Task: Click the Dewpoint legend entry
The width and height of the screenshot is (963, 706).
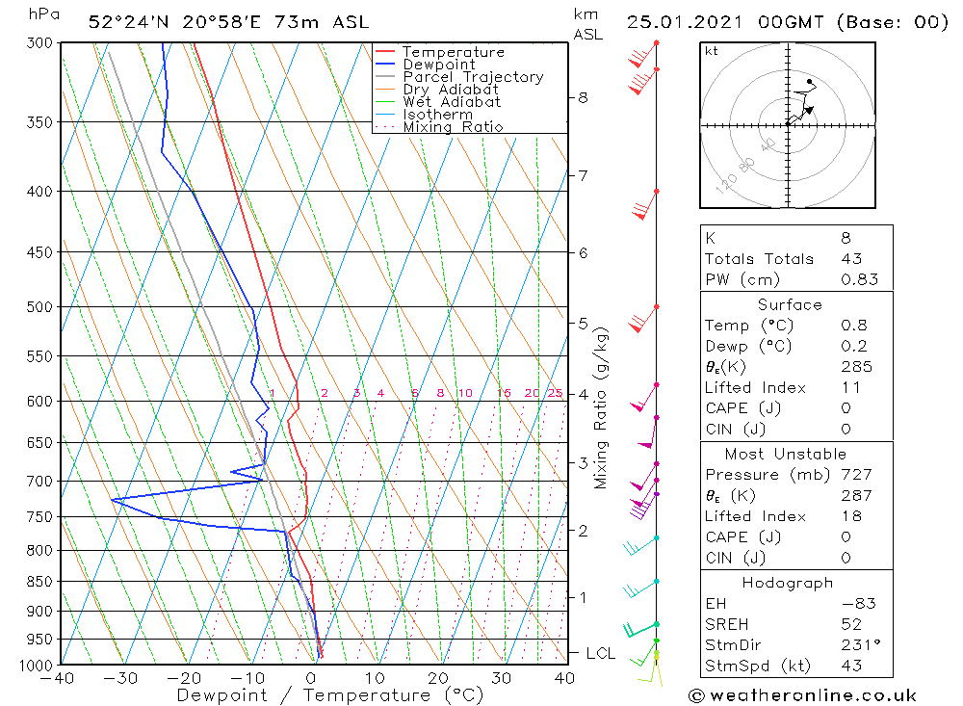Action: (438, 65)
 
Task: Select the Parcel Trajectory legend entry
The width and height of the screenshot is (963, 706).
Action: (473, 77)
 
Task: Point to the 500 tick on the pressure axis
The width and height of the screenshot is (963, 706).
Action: (39, 307)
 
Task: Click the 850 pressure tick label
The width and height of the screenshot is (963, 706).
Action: (39, 582)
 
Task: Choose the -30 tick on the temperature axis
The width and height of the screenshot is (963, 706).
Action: (120, 678)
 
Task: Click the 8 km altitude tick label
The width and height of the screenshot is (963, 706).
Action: (583, 97)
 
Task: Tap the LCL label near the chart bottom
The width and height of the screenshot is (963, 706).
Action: (600, 653)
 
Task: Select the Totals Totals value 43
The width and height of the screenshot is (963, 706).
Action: (851, 258)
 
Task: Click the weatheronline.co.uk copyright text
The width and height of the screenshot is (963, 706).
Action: (802, 695)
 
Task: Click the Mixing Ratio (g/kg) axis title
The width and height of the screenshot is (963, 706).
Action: (602, 407)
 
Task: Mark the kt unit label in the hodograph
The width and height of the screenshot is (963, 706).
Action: (711, 51)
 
